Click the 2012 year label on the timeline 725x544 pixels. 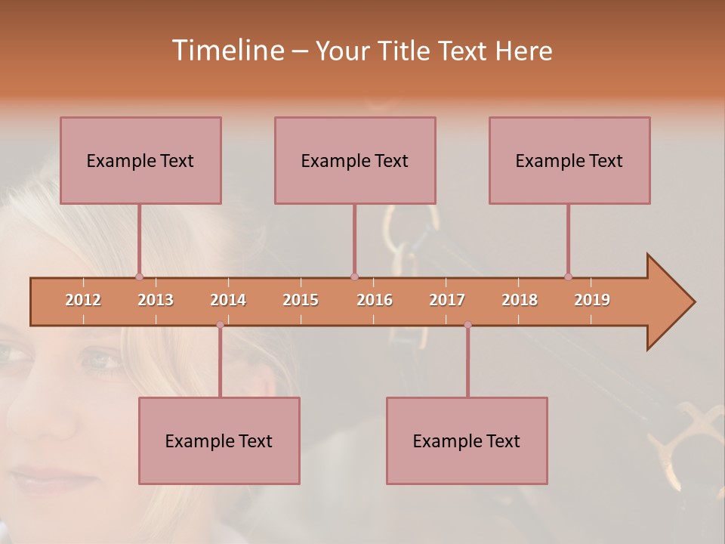click(x=83, y=300)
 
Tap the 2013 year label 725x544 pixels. click(x=156, y=300)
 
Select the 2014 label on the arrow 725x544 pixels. click(x=228, y=300)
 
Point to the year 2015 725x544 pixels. click(x=301, y=300)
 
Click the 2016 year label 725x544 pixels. click(x=375, y=300)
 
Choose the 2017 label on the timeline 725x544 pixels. click(x=447, y=300)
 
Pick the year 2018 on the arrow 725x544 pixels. click(x=520, y=300)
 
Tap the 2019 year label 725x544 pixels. click(x=592, y=300)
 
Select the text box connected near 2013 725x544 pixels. click(x=140, y=160)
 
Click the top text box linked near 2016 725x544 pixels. click(x=355, y=160)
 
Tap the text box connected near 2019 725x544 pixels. click(x=569, y=160)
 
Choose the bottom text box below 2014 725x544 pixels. click(x=219, y=440)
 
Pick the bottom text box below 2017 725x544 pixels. click(x=467, y=440)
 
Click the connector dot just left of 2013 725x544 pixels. click(x=139, y=277)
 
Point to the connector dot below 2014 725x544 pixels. click(x=220, y=325)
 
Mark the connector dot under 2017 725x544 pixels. click(x=467, y=325)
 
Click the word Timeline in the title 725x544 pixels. click(x=227, y=51)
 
